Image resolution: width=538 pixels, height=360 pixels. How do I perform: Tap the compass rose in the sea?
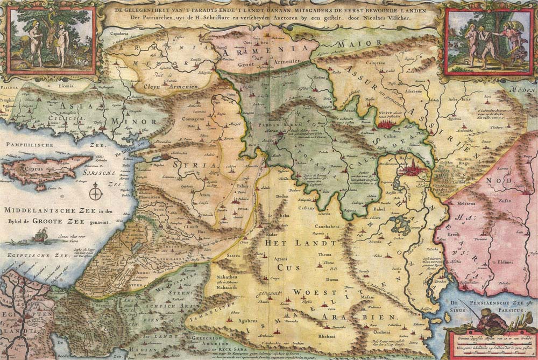(x=96, y=192)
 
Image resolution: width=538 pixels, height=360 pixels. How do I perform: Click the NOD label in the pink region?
(x=493, y=181)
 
